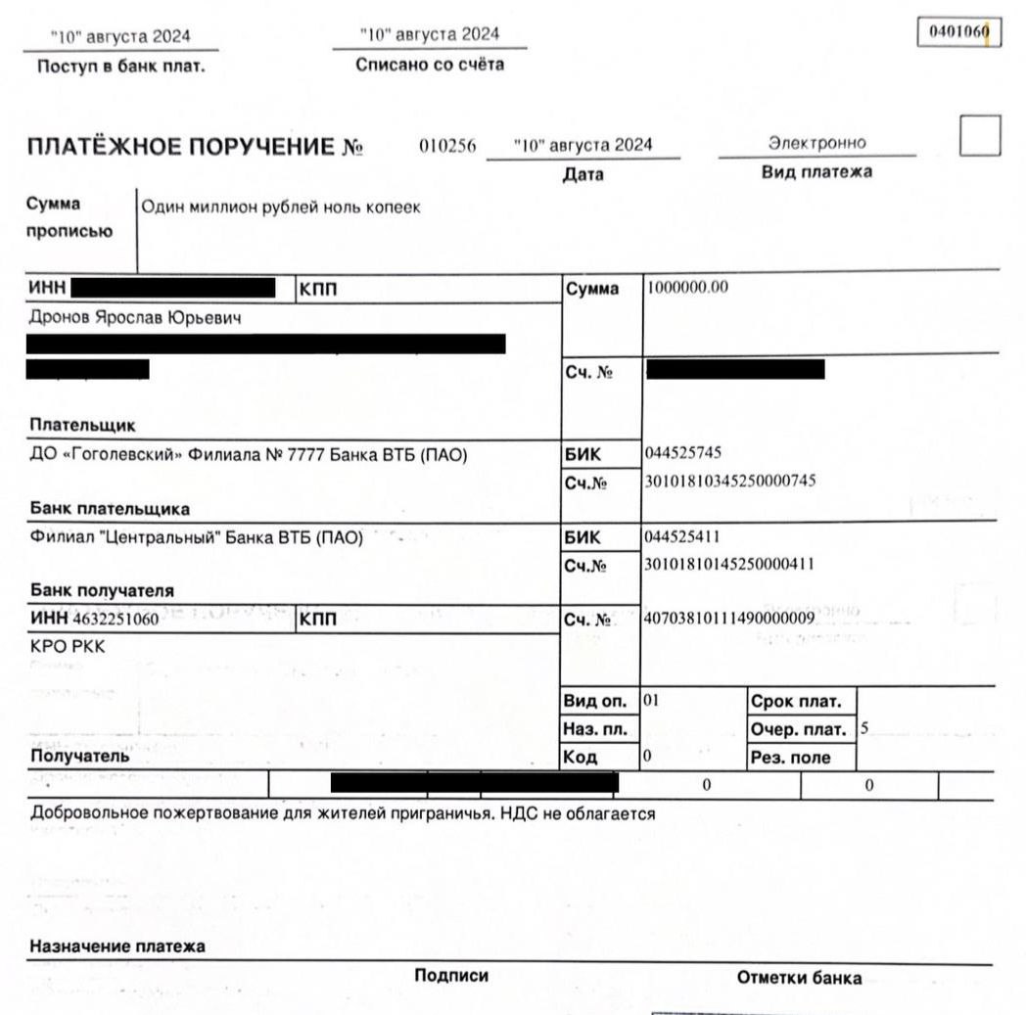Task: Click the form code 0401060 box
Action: (958, 32)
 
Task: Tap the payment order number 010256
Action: (447, 146)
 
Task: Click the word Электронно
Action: (817, 143)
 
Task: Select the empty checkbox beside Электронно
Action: (980, 136)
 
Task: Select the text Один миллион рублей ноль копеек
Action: (281, 208)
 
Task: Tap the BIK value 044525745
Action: (683, 453)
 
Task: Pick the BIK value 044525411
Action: (683, 536)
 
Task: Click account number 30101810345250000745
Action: (729, 481)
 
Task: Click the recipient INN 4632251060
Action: (116, 620)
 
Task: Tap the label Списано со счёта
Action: (430, 65)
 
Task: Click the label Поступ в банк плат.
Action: (120, 68)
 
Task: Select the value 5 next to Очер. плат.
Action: (863, 728)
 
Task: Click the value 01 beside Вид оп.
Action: (652, 701)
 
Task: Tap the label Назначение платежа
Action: (117, 946)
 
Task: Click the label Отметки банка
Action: (799, 978)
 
